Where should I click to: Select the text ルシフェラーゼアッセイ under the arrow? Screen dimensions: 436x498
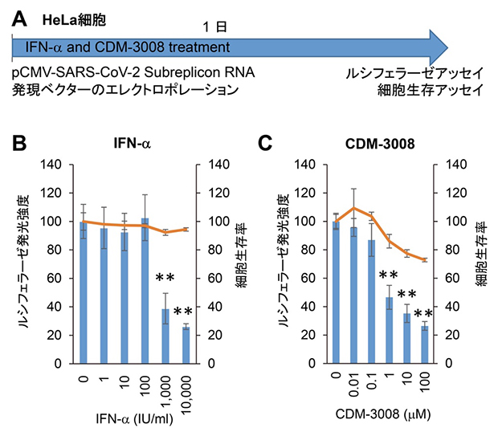coord(414,73)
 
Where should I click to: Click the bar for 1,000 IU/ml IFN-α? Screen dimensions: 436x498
coord(165,336)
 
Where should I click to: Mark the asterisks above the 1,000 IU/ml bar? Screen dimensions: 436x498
coord(165,279)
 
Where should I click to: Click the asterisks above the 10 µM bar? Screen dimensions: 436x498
coord(406,295)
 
